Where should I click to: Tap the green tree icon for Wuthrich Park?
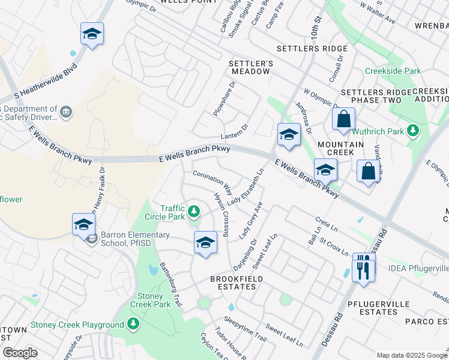tap(412, 130)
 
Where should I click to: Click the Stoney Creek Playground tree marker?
tap(133, 325)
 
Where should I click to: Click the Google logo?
tap(20, 353)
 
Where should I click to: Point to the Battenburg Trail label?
tap(170, 284)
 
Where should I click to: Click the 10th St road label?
tap(316, 28)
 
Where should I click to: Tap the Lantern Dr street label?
tap(235, 131)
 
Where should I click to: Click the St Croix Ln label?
tap(334, 246)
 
